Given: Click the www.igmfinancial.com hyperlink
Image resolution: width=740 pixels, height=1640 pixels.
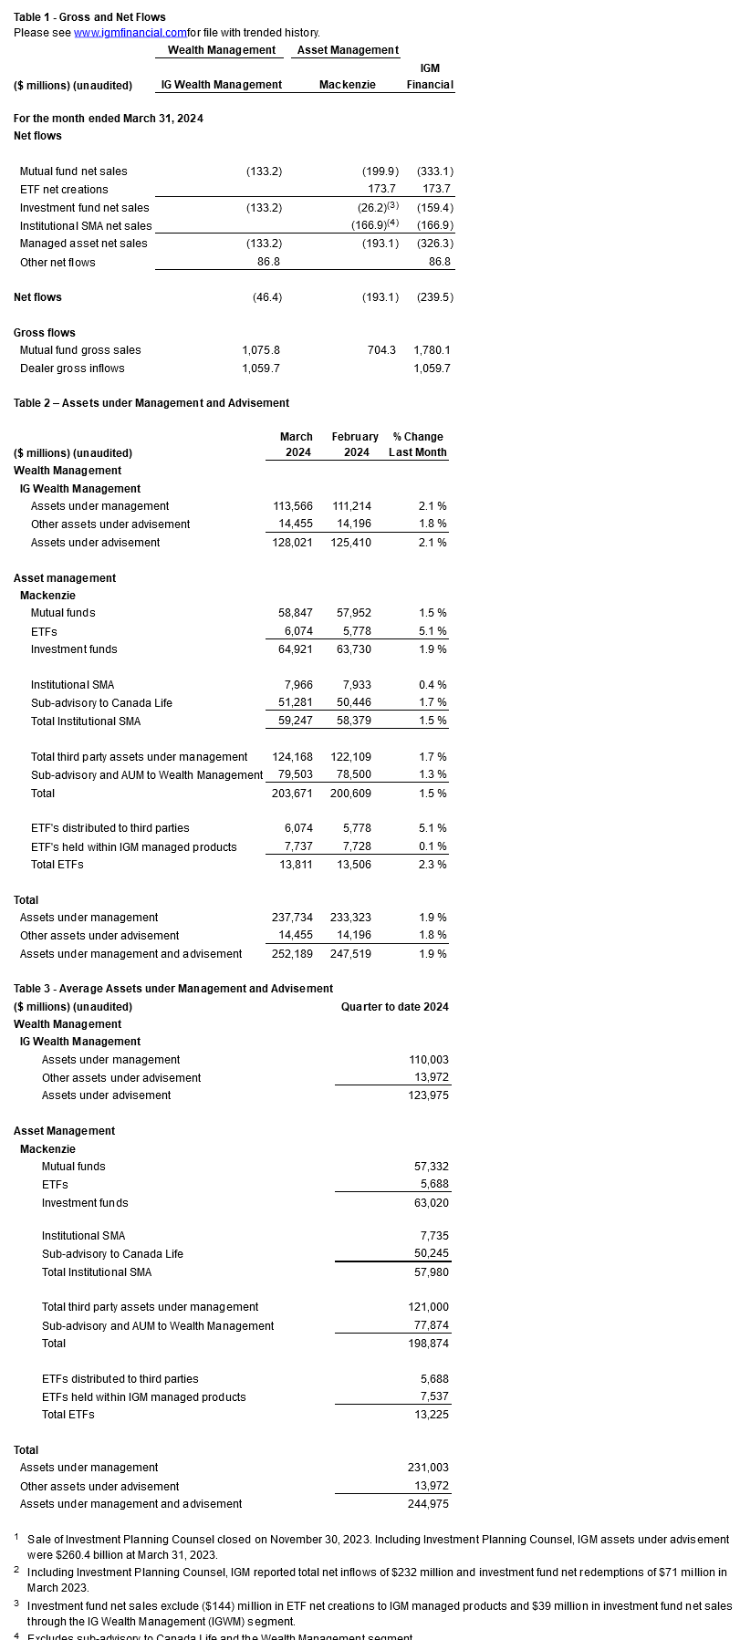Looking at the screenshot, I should pyautogui.click(x=130, y=33).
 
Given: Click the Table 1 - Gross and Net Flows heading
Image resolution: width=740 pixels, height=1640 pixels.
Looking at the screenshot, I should pyautogui.click(x=89, y=17).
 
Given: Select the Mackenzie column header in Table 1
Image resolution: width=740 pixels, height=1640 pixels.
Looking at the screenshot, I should pyautogui.click(x=347, y=85).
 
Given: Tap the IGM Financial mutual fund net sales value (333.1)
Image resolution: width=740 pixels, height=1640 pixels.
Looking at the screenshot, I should pyautogui.click(x=435, y=171).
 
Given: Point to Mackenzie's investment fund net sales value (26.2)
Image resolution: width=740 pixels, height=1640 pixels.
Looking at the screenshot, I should pyautogui.click(x=377, y=208).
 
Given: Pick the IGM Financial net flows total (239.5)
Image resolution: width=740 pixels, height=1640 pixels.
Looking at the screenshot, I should pyautogui.click(x=435, y=297).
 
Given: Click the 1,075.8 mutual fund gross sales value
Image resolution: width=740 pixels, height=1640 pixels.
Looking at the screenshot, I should pyautogui.click(x=261, y=350).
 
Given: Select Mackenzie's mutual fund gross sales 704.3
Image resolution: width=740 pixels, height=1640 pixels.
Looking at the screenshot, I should pyautogui.click(x=381, y=350).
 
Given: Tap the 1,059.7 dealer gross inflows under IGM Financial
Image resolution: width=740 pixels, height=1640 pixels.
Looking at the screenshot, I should pyautogui.click(x=432, y=368).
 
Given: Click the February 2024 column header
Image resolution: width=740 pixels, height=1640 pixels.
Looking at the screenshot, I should pyautogui.click(x=355, y=445).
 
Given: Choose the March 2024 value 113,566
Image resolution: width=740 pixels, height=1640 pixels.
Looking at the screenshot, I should pyautogui.click(x=293, y=506).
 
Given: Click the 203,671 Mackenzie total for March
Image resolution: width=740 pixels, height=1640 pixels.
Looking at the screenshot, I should pyautogui.click(x=292, y=794).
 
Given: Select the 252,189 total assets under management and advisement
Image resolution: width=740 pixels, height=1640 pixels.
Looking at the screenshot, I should pyautogui.click(x=292, y=954).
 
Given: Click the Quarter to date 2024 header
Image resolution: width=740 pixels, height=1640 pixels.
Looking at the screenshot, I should pyautogui.click(x=394, y=1007).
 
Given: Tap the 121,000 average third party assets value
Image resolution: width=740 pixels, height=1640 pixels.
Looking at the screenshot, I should pyautogui.click(x=428, y=1307).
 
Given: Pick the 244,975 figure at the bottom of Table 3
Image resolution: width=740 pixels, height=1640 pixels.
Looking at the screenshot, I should pyautogui.click(x=428, y=1504).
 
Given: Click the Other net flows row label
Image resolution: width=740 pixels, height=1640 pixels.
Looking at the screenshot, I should pyautogui.click(x=57, y=263).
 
